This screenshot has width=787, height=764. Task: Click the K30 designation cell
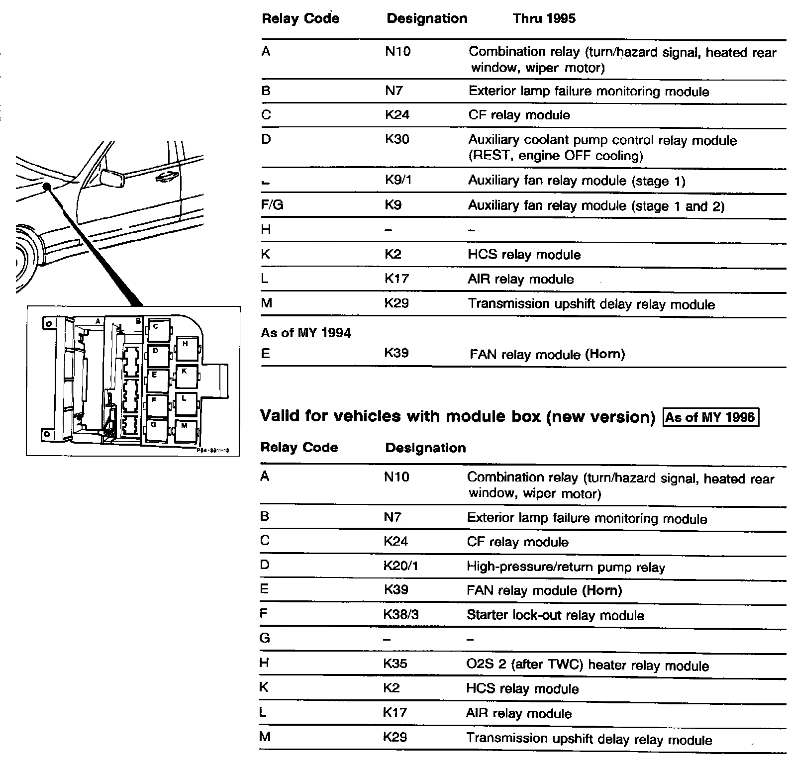click(x=397, y=139)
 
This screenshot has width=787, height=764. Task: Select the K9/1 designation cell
click(x=398, y=180)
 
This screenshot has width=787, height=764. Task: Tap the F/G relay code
click(x=272, y=205)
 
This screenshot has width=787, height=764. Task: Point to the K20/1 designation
click(x=400, y=566)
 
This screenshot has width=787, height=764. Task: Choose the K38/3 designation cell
click(x=401, y=615)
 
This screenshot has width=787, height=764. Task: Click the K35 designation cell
click(x=395, y=664)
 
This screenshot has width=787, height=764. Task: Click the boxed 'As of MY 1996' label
click(x=711, y=417)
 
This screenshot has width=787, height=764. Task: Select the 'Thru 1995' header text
click(x=544, y=19)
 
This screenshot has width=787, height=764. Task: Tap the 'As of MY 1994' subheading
click(x=306, y=333)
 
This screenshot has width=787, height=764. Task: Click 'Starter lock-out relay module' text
click(x=555, y=616)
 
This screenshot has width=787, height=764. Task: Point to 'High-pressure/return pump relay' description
click(x=566, y=567)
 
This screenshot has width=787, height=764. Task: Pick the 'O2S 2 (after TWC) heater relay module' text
click(x=588, y=666)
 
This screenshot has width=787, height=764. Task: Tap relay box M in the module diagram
click(x=185, y=430)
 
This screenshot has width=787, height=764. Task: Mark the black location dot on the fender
click(x=47, y=187)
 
